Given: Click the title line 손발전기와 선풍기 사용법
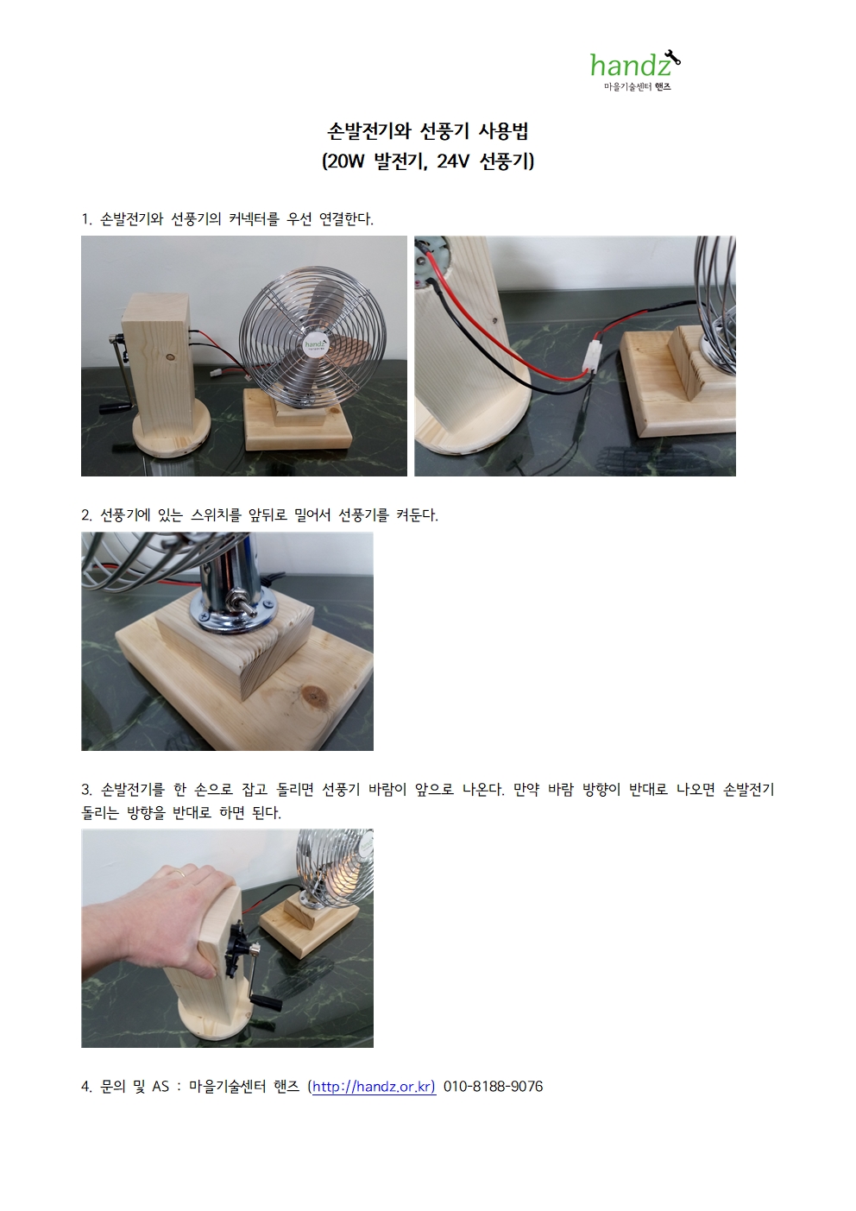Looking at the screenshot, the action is click(428, 131).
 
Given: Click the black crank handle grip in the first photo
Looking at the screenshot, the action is click(116, 409).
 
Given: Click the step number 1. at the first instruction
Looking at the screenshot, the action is click(87, 219).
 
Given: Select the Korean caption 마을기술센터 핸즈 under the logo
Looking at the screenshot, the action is click(638, 86).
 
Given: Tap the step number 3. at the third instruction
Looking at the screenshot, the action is click(87, 790).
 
